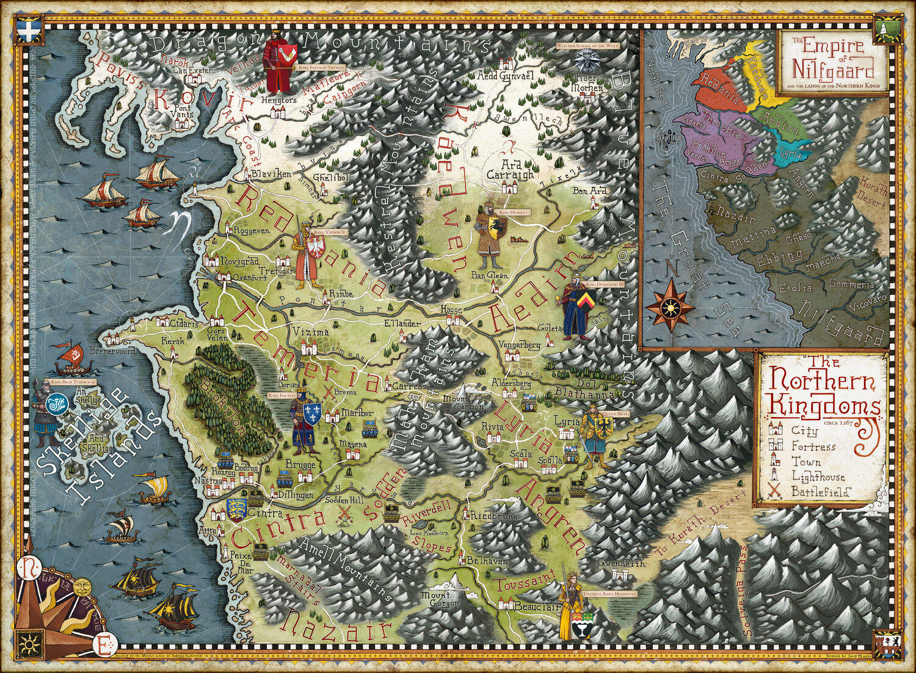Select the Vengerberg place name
coord(520,344)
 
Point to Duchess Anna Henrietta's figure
coord(575,605)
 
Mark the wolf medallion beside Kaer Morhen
coord(590,60)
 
